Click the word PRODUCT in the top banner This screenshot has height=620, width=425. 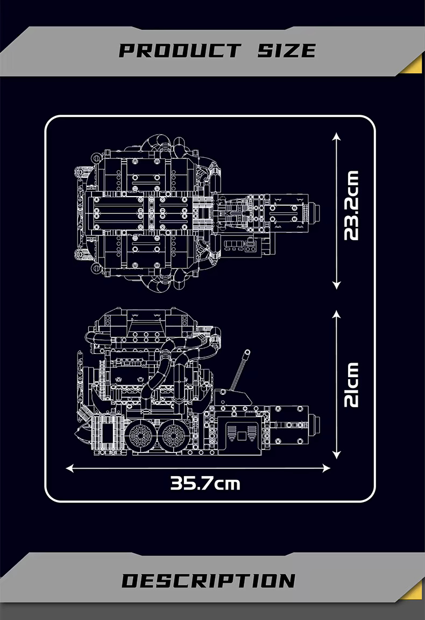pyautogui.click(x=180, y=51)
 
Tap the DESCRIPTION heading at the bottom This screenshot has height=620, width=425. pyautogui.click(x=209, y=581)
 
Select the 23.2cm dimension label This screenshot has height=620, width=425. pyautogui.click(x=351, y=206)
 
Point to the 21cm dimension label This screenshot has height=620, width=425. pyautogui.click(x=351, y=385)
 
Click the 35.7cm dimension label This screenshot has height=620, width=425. pyautogui.click(x=205, y=483)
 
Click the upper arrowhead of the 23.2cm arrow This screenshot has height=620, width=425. pyautogui.click(x=336, y=136)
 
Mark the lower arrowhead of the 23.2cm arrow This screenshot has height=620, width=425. pyautogui.click(x=336, y=285)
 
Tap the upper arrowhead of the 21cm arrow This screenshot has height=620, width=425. pyautogui.click(x=336, y=315)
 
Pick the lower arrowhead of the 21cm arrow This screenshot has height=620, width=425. pyautogui.click(x=336, y=455)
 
